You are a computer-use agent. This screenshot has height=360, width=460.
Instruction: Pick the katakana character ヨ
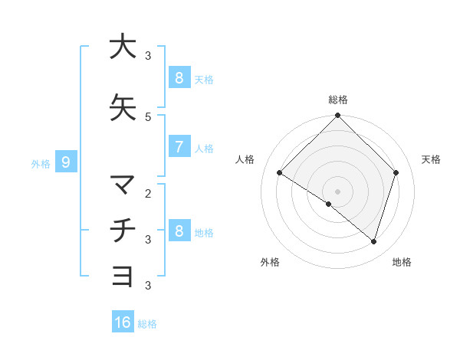[123, 276]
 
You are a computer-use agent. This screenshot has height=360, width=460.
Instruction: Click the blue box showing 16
[123, 322]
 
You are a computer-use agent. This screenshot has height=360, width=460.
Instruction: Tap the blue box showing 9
[66, 162]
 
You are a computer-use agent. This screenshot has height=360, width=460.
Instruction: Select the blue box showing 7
[179, 147]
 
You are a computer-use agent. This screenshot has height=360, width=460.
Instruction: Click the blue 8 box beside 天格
[179, 77]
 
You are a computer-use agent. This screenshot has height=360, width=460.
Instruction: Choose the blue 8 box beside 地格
[179, 231]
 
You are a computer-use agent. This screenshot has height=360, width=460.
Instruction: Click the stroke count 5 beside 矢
[148, 117]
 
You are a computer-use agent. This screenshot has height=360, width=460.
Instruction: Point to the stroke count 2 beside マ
[148, 193]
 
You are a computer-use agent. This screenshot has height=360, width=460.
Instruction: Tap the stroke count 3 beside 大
[148, 56]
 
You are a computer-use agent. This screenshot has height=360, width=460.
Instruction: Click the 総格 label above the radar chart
[338, 100]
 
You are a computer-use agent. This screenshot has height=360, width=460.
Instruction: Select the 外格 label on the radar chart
[270, 262]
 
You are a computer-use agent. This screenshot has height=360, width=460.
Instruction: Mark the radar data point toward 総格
[338, 116]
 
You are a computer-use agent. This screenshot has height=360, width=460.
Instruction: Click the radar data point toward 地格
[373, 241]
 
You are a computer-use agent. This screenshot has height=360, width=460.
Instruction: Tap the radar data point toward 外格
[329, 204]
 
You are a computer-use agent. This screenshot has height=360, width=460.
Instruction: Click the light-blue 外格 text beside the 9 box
[41, 163]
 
